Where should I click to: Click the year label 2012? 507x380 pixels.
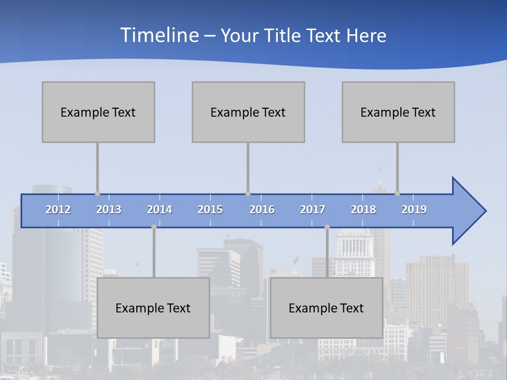click(x=58, y=210)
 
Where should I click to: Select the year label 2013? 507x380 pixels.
click(x=109, y=210)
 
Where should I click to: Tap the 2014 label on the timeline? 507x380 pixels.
click(x=159, y=210)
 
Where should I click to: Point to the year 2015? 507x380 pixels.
click(x=210, y=210)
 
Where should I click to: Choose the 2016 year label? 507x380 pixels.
click(x=262, y=210)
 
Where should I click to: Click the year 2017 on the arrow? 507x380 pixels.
click(x=313, y=210)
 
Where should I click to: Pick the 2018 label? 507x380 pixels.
click(x=363, y=210)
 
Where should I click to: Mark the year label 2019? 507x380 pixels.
click(x=414, y=210)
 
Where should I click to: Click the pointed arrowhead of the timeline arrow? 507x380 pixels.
click(x=470, y=211)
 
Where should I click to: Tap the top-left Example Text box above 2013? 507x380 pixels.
click(x=98, y=112)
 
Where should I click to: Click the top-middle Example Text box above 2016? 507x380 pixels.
click(x=248, y=112)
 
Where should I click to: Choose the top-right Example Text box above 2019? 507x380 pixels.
click(x=398, y=112)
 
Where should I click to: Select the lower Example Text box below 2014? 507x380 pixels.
click(x=153, y=308)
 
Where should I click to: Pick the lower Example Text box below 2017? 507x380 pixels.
click(x=326, y=308)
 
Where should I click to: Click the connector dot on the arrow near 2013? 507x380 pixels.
click(x=97, y=194)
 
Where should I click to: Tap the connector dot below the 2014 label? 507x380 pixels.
click(x=154, y=227)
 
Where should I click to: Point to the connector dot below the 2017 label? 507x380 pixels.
click(x=327, y=227)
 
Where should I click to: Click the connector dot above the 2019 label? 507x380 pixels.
click(x=397, y=194)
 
